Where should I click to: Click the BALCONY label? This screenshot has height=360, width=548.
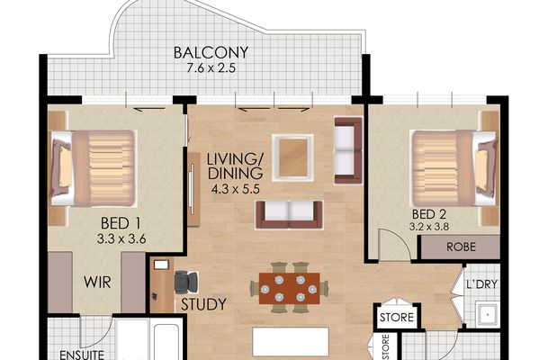coord(211,52)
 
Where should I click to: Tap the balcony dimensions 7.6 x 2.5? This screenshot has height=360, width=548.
coord(211,69)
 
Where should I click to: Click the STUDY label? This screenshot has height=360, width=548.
coord(203,305)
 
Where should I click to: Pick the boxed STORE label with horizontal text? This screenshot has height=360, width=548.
coord(397,317)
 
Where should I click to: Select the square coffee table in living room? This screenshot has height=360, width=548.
coord(294,157)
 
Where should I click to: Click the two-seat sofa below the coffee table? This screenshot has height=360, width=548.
coord(288,213)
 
